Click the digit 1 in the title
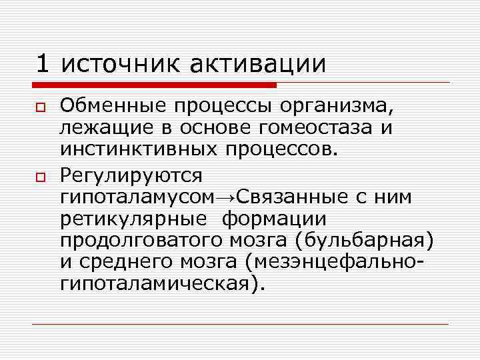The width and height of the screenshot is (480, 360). pos(43,64)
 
